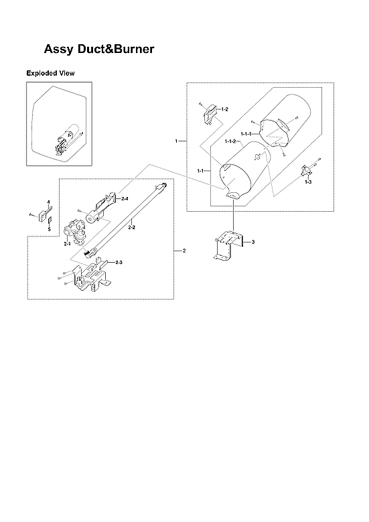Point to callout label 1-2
point(224,109)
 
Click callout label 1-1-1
point(246,134)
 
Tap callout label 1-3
point(308,182)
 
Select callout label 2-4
point(125,199)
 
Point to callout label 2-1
point(67,245)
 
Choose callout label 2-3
point(119,261)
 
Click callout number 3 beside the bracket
point(252,241)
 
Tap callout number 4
point(48,202)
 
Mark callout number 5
point(48,229)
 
